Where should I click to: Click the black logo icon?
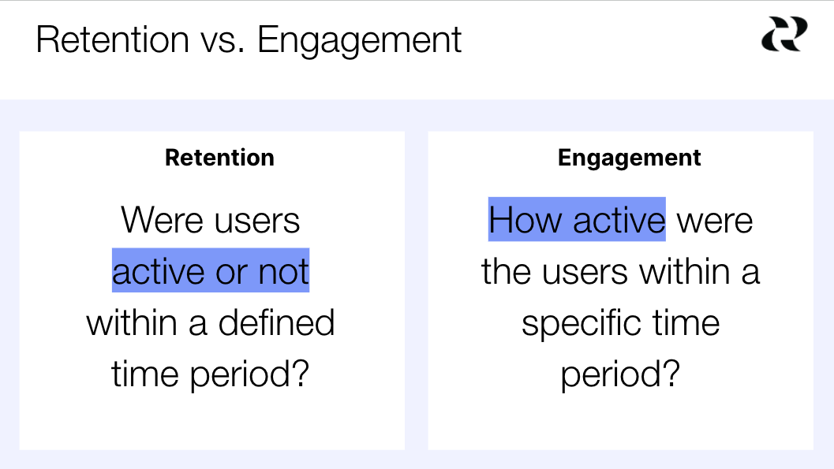click(784, 35)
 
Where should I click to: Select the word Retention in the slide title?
click(112, 39)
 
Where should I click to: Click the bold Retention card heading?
click(219, 158)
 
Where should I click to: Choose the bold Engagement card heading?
click(629, 158)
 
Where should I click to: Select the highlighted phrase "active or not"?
click(211, 272)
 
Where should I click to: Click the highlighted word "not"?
click(283, 272)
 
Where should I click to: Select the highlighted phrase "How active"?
click(577, 219)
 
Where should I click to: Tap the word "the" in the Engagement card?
click(507, 272)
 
